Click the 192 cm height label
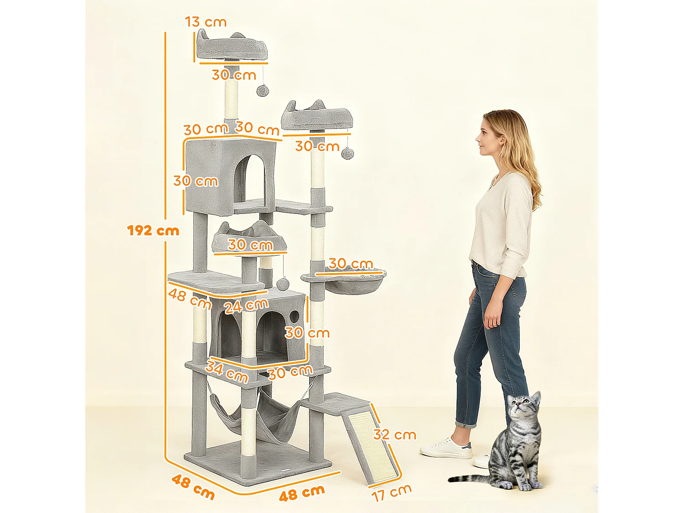153,230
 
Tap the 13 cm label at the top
206,21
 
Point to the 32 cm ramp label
394,435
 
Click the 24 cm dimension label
246,306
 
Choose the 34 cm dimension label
227,371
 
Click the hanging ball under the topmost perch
262,90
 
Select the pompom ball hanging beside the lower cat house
283,284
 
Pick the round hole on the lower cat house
294,316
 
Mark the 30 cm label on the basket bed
351,264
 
